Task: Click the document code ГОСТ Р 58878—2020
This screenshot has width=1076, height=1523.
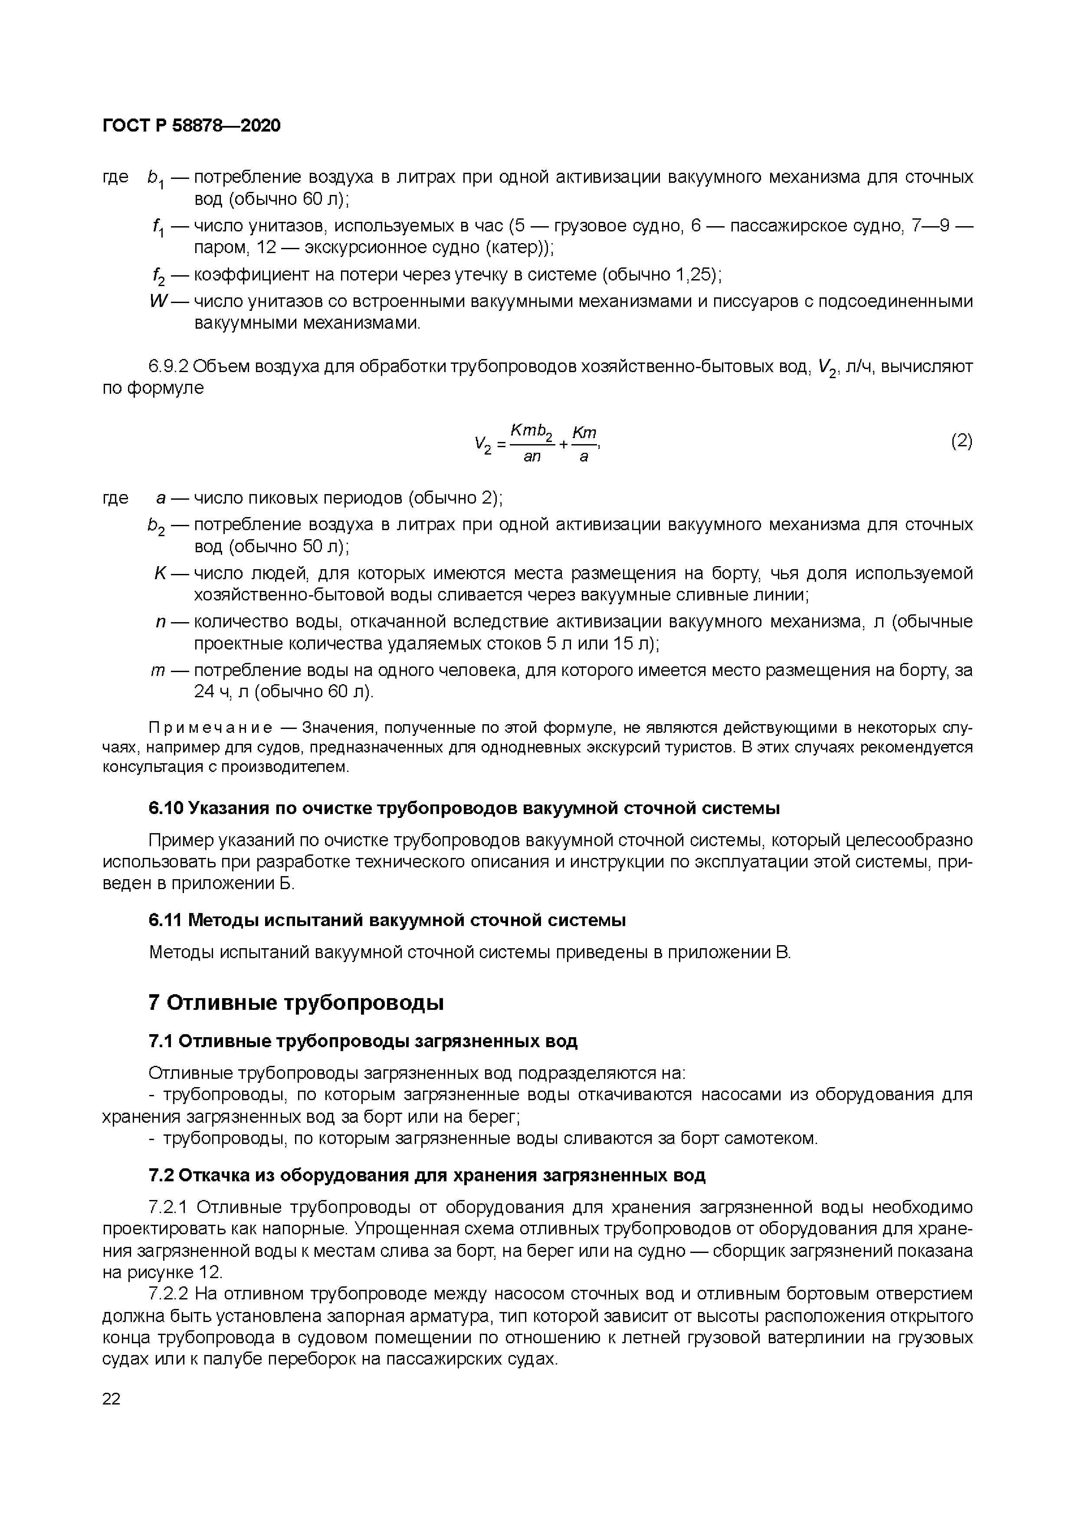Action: click(192, 125)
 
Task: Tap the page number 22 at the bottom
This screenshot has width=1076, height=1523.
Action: click(112, 1398)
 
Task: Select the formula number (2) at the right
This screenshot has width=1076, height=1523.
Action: click(961, 441)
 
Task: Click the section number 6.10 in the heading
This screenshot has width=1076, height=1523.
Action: click(166, 808)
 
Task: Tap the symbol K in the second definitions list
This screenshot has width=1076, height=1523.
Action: click(160, 573)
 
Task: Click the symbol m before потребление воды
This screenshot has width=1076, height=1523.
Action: click(158, 670)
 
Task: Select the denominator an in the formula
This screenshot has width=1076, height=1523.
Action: click(531, 456)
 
